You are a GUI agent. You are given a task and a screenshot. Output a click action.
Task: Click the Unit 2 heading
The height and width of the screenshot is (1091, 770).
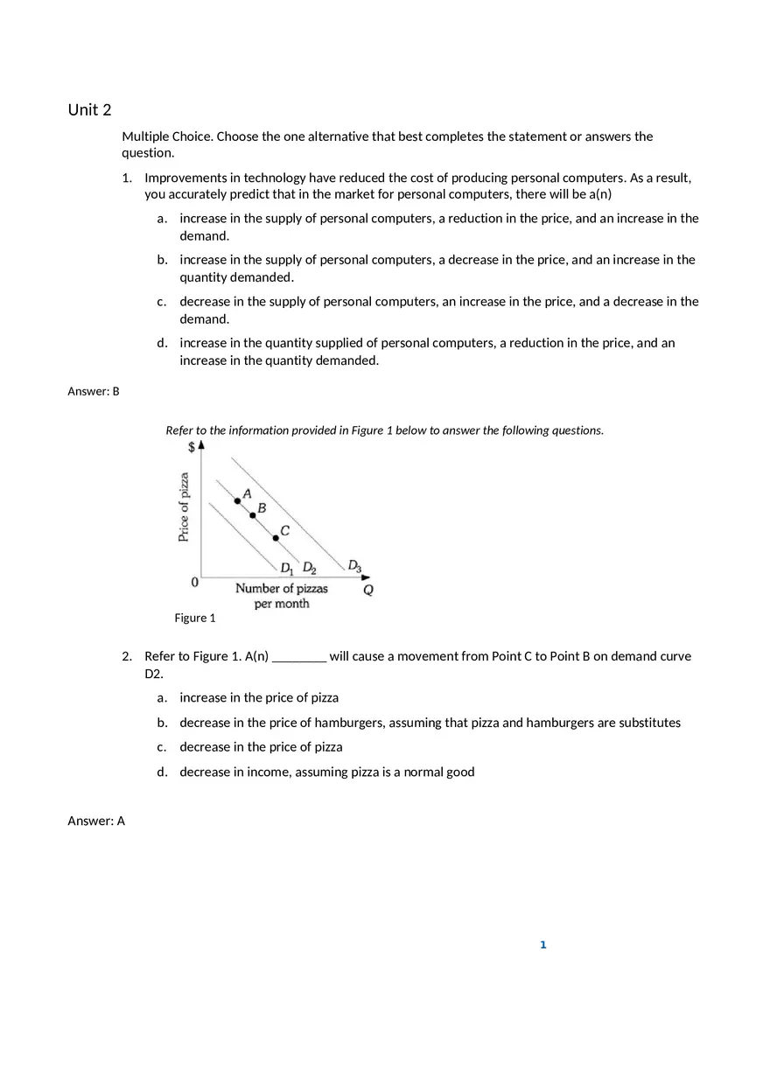click(90, 109)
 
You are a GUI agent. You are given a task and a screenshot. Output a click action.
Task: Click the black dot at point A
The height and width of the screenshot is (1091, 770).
click(237, 500)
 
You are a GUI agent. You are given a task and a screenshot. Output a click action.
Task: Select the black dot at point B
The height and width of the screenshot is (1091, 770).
click(253, 515)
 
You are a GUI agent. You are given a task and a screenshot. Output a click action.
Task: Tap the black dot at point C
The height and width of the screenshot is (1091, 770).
click(276, 537)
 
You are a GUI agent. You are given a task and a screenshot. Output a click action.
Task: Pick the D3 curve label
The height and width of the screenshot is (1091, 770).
click(354, 565)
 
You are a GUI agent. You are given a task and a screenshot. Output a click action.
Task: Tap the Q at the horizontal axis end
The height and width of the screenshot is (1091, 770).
click(368, 590)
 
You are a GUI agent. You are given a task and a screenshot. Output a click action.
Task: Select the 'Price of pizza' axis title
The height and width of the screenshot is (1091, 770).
click(184, 507)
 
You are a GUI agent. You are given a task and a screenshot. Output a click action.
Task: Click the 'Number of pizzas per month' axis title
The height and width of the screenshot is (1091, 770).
click(282, 596)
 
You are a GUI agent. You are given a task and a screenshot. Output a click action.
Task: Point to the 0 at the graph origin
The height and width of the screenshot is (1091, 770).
click(194, 582)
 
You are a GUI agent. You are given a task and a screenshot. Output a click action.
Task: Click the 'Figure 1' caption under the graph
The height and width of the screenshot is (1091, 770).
click(195, 618)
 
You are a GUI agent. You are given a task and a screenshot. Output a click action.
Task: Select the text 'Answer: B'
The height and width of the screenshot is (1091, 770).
click(94, 391)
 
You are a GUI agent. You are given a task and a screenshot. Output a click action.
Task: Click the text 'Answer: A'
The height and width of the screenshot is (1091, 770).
click(96, 821)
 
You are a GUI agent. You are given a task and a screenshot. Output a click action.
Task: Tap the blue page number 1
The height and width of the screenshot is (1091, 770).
click(543, 945)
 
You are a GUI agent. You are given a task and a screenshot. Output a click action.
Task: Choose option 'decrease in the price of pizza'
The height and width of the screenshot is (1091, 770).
click(261, 747)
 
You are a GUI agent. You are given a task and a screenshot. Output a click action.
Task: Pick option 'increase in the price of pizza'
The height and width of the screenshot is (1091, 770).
click(259, 697)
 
